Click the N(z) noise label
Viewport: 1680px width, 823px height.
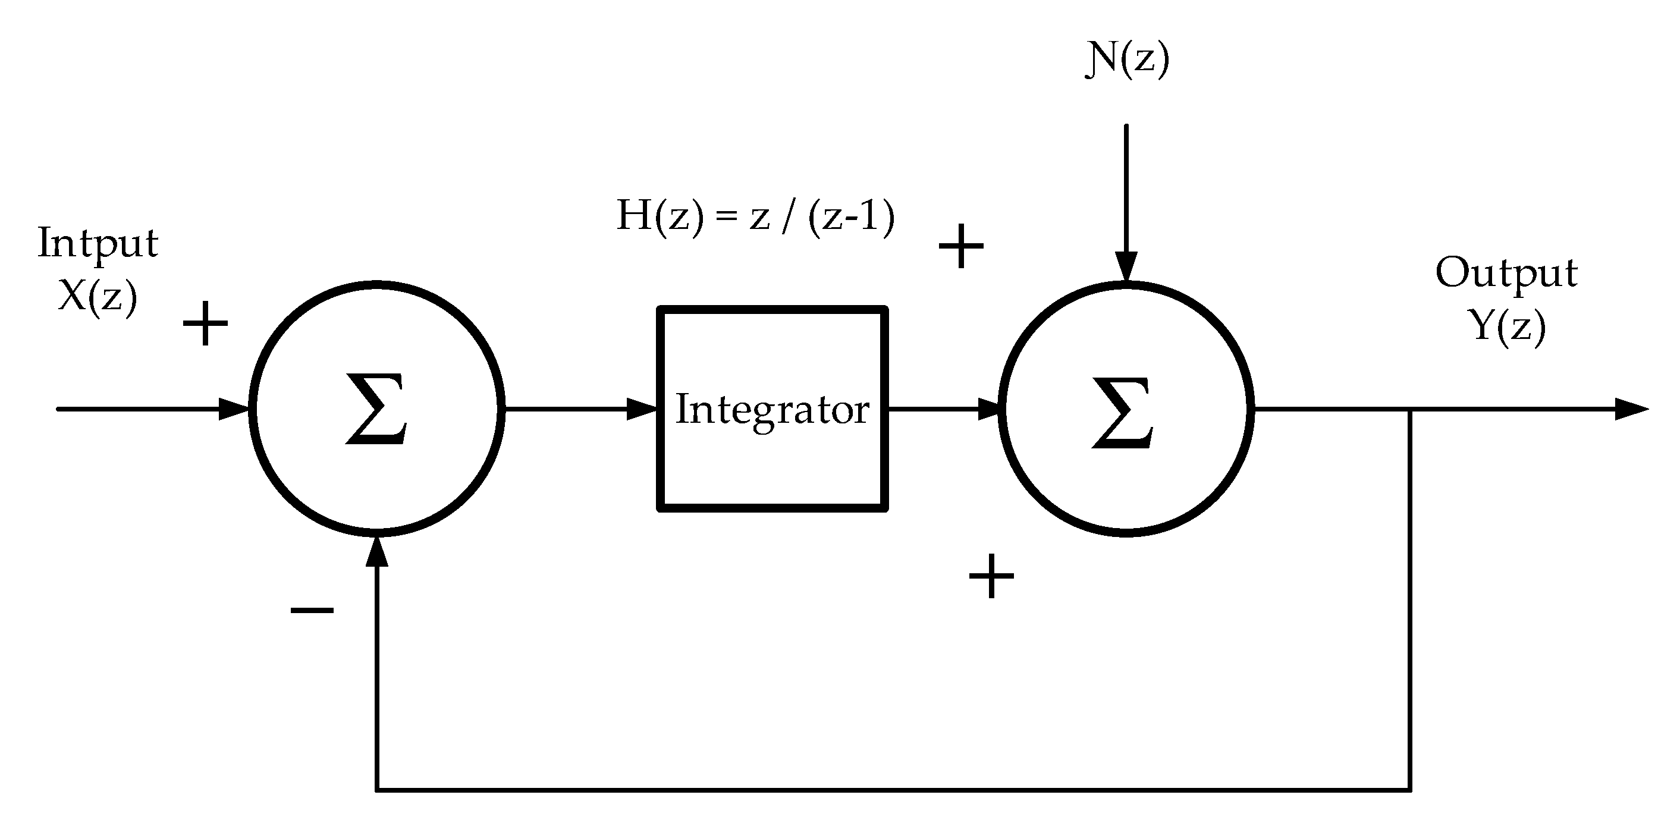coord(1126,61)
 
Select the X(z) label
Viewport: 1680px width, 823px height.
coord(98,297)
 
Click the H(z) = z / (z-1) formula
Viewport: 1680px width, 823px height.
coord(755,216)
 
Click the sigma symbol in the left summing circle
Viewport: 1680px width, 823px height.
coord(376,409)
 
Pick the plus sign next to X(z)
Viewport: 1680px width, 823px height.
coord(205,323)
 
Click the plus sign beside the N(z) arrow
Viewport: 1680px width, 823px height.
coord(960,246)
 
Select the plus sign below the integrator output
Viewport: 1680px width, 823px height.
coord(991,576)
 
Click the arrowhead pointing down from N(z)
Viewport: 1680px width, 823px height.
coord(1126,268)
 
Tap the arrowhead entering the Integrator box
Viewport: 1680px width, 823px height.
coord(642,409)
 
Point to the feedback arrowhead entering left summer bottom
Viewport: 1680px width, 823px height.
coord(377,552)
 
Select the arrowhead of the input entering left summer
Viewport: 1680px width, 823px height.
coord(234,409)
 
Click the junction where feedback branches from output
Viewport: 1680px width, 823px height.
coord(1411,410)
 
